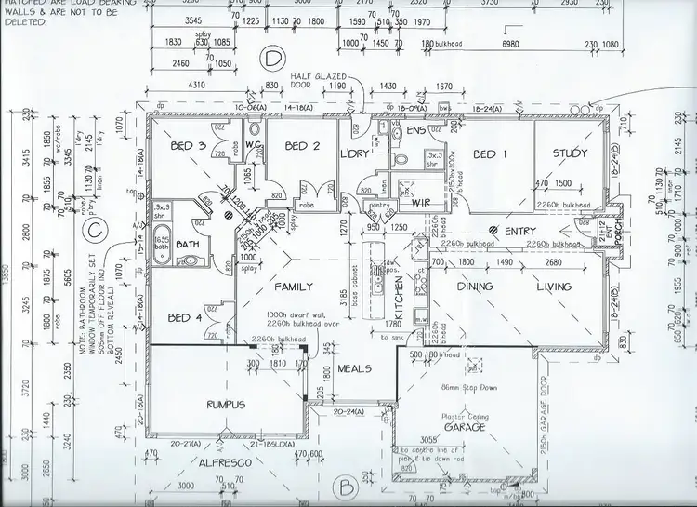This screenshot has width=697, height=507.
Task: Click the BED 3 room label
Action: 189,146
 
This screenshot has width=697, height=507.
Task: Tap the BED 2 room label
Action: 303,146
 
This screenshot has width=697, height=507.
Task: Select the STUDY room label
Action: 570,153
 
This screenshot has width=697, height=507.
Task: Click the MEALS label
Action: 355,368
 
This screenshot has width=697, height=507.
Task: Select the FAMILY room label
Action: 293,287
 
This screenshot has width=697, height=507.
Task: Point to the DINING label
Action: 474,287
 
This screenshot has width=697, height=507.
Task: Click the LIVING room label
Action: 554,287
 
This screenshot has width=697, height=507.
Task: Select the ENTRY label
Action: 519,231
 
